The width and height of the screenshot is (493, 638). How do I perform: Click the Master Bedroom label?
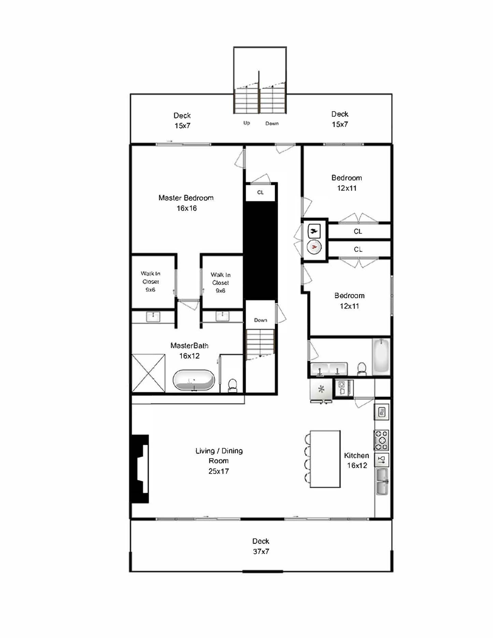pos(186,198)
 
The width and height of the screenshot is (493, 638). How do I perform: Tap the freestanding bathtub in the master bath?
pos(194,380)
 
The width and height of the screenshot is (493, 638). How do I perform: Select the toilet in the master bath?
pos(233,385)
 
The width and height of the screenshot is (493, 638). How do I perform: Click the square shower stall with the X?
pos(149,373)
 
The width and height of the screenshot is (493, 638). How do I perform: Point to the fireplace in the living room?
pos(140,469)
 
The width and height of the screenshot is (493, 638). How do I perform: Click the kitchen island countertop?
pos(325,459)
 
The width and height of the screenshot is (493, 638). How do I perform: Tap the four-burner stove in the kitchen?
pos(381,440)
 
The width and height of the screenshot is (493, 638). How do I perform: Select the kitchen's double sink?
pos(382,481)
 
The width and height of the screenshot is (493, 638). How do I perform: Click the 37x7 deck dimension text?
pos(261,551)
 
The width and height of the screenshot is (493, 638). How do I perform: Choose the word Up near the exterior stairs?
pos(247,123)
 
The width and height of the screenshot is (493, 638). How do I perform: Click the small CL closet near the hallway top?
pos(260,193)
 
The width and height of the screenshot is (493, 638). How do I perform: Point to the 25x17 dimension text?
pos(218,471)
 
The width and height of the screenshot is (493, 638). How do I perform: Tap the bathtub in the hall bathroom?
pos(381,357)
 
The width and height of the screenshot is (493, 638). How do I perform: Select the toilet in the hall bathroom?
pos(361,369)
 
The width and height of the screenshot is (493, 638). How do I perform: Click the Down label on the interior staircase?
pos(260,320)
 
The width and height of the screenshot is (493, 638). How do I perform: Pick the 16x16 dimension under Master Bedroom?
pos(186,209)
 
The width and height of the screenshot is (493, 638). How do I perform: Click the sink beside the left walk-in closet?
pos(153,317)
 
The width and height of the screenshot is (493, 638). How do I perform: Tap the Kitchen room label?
pos(356,455)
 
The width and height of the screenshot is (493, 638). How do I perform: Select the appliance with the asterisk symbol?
pos(321,390)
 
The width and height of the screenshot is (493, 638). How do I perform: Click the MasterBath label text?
pos(189,346)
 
